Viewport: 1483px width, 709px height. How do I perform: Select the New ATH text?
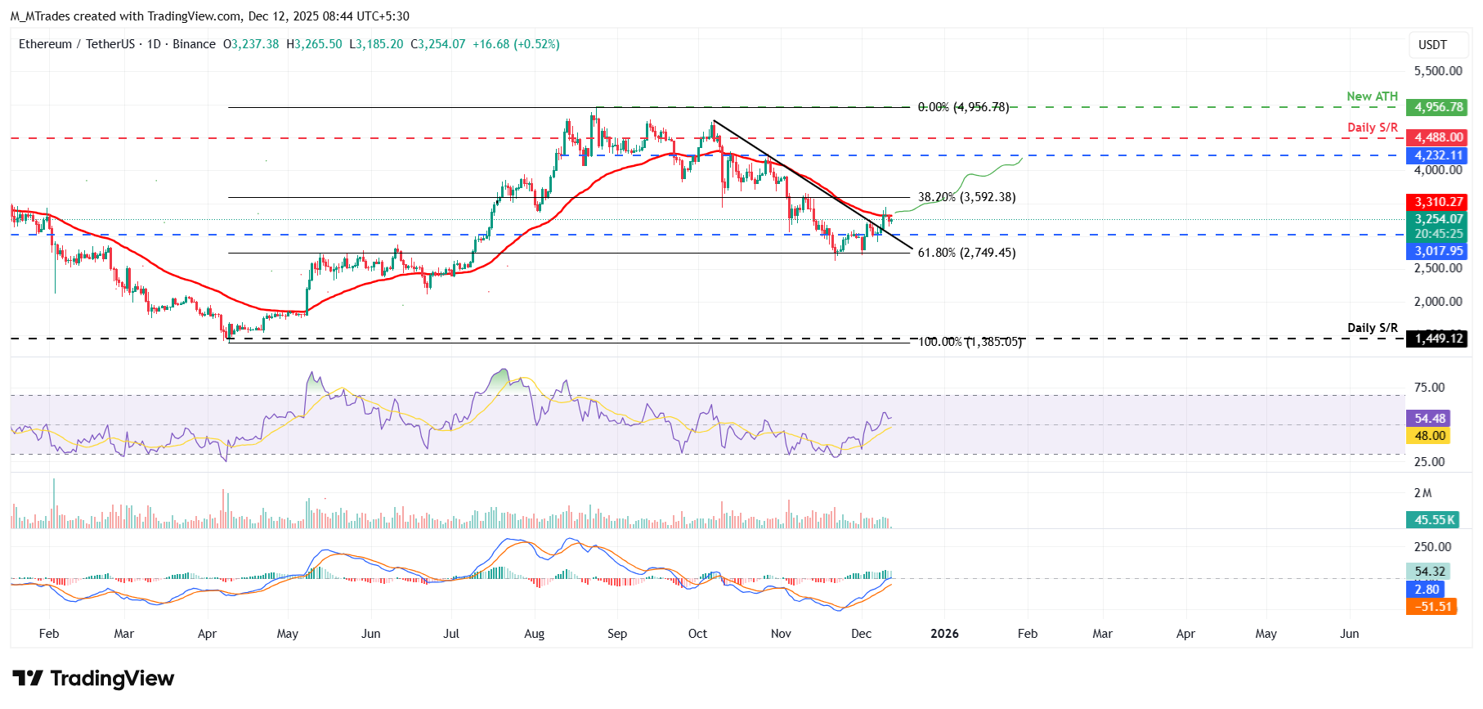[1372, 96]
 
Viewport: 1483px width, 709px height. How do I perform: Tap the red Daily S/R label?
[1372, 128]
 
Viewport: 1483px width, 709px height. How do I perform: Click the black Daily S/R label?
[1372, 328]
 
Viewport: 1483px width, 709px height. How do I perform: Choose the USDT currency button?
[1432, 45]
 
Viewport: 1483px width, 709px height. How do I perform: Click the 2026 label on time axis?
[944, 634]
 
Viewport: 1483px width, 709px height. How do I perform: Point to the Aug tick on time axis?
[534, 634]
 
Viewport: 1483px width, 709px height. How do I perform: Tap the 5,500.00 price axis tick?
[1438, 71]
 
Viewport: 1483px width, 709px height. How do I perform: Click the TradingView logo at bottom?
[93, 679]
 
